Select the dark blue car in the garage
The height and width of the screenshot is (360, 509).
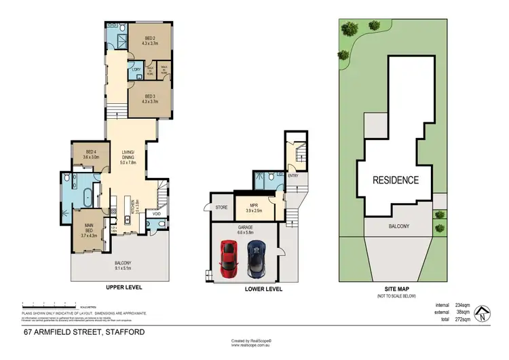click(256, 257)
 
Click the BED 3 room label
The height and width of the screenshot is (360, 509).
click(150, 98)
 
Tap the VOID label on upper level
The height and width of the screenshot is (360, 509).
click(156, 214)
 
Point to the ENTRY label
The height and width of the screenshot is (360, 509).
click(293, 176)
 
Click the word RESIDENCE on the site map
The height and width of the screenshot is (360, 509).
click(394, 180)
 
